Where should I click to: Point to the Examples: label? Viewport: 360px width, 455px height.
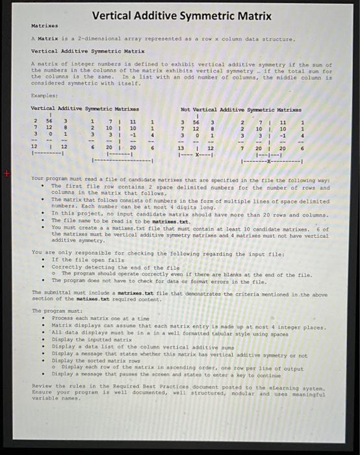[44, 95]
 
